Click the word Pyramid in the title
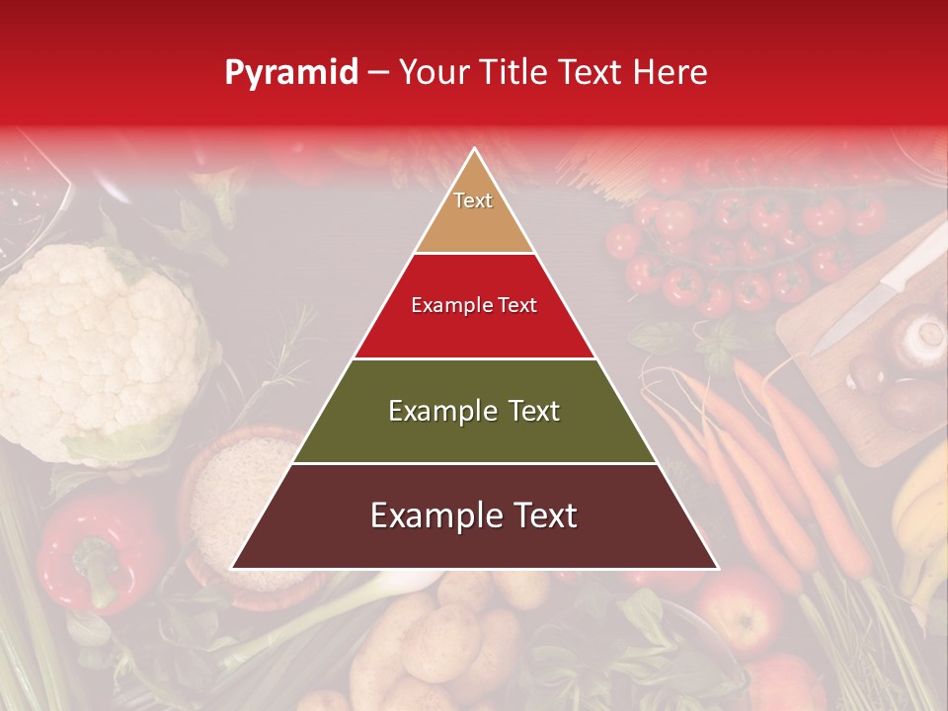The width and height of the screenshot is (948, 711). (x=291, y=72)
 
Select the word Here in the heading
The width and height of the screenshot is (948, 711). (x=671, y=72)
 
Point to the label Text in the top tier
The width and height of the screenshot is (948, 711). (x=473, y=200)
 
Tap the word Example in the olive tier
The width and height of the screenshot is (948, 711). (x=432, y=411)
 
